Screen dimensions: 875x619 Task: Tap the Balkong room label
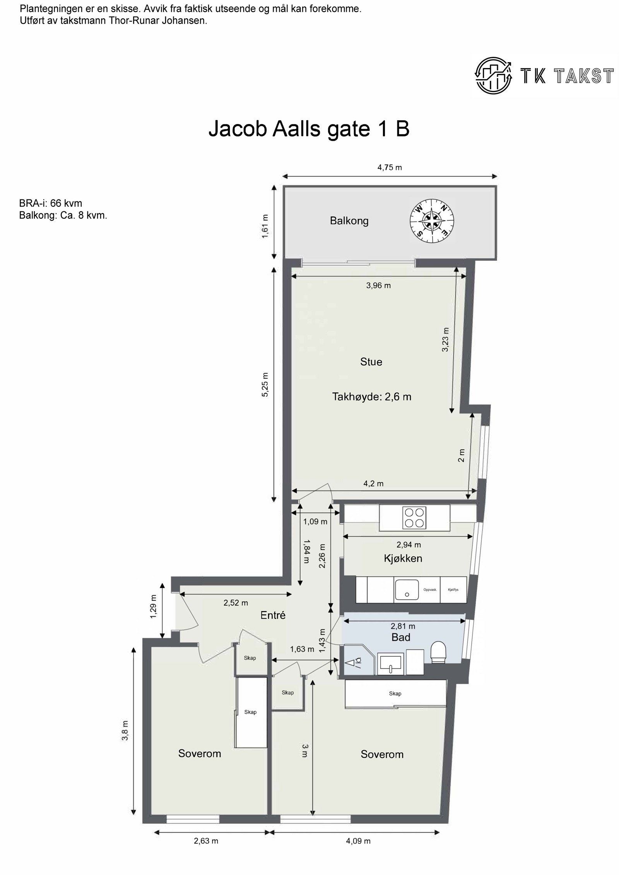(349, 221)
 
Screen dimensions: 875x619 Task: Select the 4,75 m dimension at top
(390, 167)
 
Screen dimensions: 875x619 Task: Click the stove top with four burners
(414, 518)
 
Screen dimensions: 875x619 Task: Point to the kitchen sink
(407, 589)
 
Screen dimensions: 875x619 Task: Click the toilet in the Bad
(438, 652)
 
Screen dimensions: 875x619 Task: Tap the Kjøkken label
(403, 558)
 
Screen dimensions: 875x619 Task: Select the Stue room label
(371, 362)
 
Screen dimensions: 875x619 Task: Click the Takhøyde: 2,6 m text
(371, 397)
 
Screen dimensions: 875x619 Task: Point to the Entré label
(273, 615)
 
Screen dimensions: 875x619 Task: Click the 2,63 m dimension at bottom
(206, 851)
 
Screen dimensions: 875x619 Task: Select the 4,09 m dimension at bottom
(358, 851)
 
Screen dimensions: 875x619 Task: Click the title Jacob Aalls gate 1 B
(309, 129)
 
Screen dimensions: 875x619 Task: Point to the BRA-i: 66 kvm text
(50, 203)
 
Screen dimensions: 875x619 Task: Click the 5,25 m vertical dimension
(265, 385)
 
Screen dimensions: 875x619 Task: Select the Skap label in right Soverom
(395, 693)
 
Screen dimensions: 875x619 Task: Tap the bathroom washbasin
(390, 664)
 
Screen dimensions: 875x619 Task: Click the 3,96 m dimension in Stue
(378, 286)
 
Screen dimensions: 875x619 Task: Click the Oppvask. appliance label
(430, 589)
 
